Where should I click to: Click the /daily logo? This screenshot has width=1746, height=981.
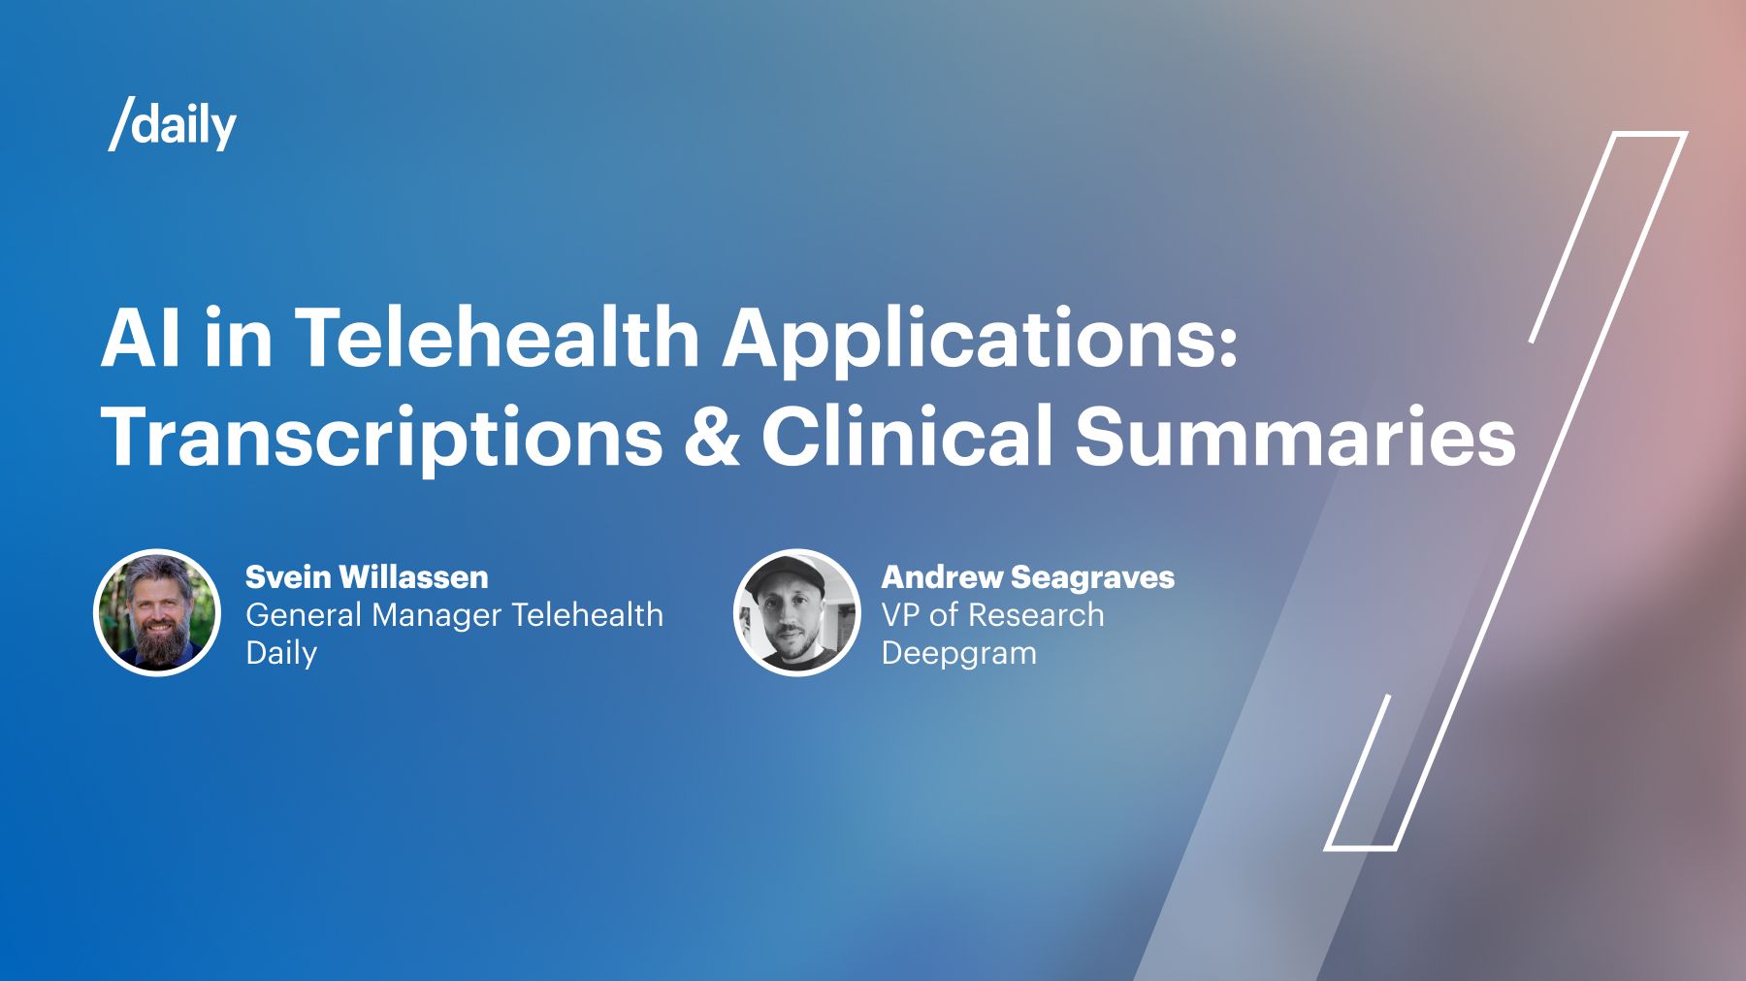click(173, 124)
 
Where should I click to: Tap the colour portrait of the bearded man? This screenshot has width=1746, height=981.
click(157, 612)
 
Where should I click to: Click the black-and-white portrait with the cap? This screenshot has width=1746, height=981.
click(796, 612)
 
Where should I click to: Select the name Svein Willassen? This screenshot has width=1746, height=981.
click(367, 577)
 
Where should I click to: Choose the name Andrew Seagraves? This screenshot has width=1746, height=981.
click(1027, 577)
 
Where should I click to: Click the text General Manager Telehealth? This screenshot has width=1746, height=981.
click(454, 615)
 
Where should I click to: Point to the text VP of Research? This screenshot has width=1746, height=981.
click(992, 615)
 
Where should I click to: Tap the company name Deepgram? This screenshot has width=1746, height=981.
click(958, 653)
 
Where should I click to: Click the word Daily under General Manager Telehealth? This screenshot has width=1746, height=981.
click(281, 653)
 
